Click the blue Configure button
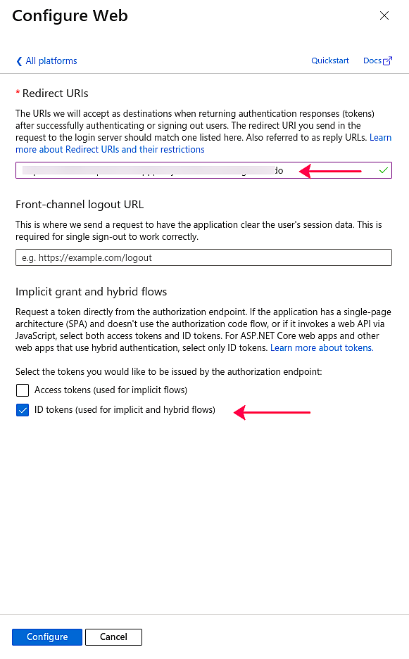click(x=47, y=637)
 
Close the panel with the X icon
click(x=384, y=15)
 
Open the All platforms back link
click(x=51, y=61)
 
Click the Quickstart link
click(x=330, y=60)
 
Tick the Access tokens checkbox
click(x=23, y=390)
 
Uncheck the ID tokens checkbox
click(x=23, y=410)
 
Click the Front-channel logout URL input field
click(x=203, y=257)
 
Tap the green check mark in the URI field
click(x=383, y=170)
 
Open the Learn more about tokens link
click(x=322, y=348)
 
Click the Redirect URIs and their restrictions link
click(x=111, y=150)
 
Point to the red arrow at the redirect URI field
click(x=331, y=170)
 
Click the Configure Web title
click(x=70, y=15)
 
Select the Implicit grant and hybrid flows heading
click(x=91, y=292)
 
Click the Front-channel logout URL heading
click(x=80, y=205)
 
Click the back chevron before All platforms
click(x=19, y=61)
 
